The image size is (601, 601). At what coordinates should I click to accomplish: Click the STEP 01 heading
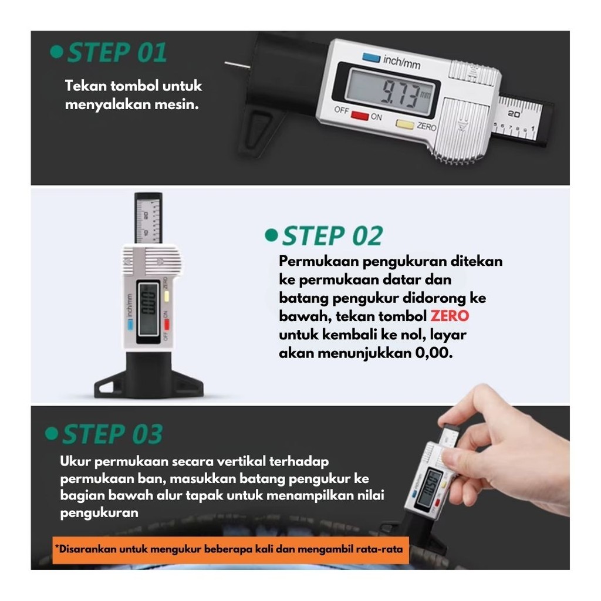117,52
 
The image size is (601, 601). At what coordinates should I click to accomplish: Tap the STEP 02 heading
332,235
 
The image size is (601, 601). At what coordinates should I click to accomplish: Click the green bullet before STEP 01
56,52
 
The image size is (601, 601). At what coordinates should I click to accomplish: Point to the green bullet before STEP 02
271,235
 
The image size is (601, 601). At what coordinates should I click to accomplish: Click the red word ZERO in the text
450,316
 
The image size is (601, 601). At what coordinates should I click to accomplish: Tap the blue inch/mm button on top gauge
371,58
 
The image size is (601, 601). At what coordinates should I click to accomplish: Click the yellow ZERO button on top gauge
405,124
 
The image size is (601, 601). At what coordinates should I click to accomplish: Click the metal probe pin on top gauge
237,66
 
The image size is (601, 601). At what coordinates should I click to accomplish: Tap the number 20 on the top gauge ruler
514,114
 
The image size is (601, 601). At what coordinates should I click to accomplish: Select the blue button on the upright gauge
130,325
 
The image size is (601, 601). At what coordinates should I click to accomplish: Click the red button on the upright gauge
167,324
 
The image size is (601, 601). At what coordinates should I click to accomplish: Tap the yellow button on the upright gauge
167,296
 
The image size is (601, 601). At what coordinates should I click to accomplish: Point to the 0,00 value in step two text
434,353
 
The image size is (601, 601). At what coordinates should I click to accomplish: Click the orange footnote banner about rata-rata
231,549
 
